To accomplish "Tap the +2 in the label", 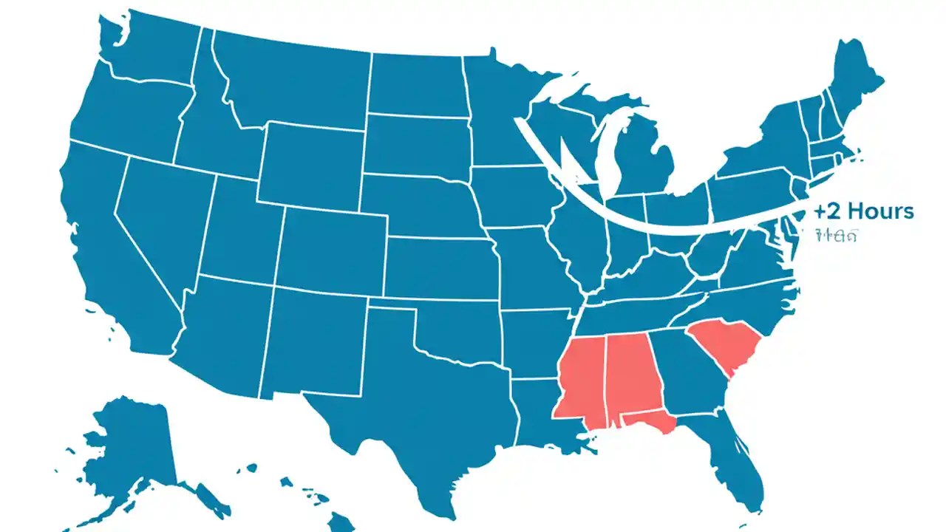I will click(x=828, y=211).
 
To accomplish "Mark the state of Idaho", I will click(x=211, y=126).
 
